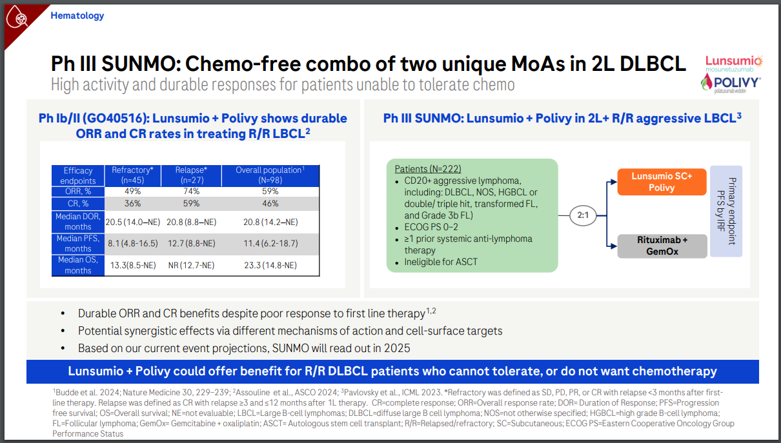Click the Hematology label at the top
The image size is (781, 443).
77,15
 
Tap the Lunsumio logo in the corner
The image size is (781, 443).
733,63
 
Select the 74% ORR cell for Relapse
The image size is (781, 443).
191,192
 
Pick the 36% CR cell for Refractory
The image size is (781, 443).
132,204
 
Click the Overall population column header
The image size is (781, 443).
270,175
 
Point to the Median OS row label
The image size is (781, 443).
78,265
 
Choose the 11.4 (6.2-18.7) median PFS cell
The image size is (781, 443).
270,243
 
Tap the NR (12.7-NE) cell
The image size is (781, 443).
191,265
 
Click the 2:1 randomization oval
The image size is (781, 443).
583,215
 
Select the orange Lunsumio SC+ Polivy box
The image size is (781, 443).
661,182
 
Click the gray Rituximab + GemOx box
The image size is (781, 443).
662,246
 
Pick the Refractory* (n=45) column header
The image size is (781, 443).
132,175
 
